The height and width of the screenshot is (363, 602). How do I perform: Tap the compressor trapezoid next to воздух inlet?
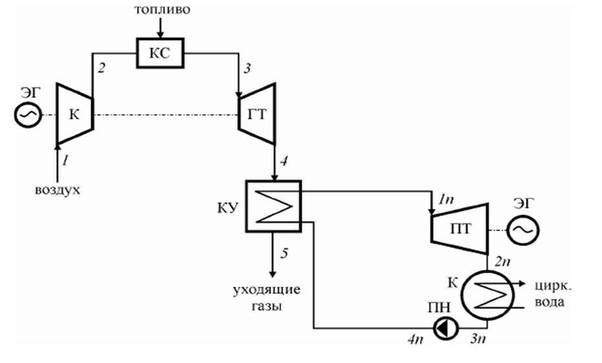point(75,114)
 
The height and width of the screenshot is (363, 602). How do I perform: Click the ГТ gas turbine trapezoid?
point(258,114)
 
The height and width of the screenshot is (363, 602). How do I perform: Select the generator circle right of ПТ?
point(521,230)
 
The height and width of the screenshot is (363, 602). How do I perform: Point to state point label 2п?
point(503,261)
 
